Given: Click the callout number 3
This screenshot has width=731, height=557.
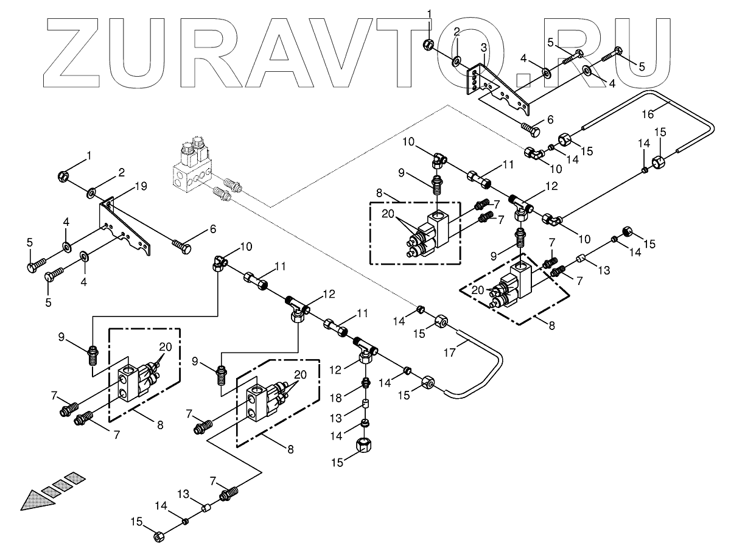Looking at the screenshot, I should tap(483, 47).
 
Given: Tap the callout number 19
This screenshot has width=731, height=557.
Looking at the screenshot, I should tap(141, 187).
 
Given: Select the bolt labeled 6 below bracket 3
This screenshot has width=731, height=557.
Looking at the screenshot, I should tap(531, 128).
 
